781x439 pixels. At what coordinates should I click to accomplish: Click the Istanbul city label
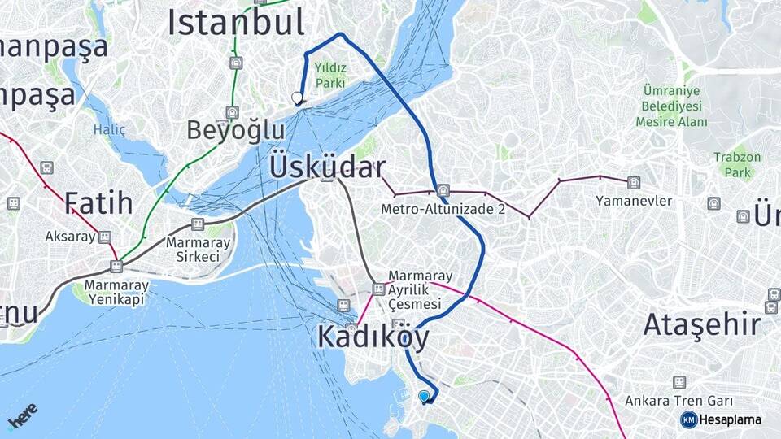coord(236,23)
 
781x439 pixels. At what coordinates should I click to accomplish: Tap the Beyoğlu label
coord(236,130)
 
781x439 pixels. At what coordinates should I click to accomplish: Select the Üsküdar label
coord(327,167)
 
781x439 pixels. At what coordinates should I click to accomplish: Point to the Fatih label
coord(98,203)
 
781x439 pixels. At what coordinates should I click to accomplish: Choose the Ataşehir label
coord(702,325)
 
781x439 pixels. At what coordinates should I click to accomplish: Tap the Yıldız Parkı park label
coord(331,76)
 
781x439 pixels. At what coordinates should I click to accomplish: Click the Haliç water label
coord(109,128)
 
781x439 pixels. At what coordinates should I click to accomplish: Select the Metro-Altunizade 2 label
coord(443,210)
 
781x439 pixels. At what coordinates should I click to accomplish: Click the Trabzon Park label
coord(738,164)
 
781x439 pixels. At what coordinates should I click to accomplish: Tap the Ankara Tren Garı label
coord(679,401)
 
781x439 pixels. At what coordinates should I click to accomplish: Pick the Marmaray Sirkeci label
coord(198,250)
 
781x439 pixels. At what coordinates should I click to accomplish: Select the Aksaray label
coord(69,237)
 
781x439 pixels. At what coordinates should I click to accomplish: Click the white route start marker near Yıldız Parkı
coord(297,98)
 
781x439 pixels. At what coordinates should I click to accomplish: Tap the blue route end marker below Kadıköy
coord(424,396)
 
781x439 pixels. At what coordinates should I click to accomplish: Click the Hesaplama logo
coord(721,419)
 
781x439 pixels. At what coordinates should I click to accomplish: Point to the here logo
coord(23,417)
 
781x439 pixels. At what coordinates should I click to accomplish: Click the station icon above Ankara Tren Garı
coord(679,382)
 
